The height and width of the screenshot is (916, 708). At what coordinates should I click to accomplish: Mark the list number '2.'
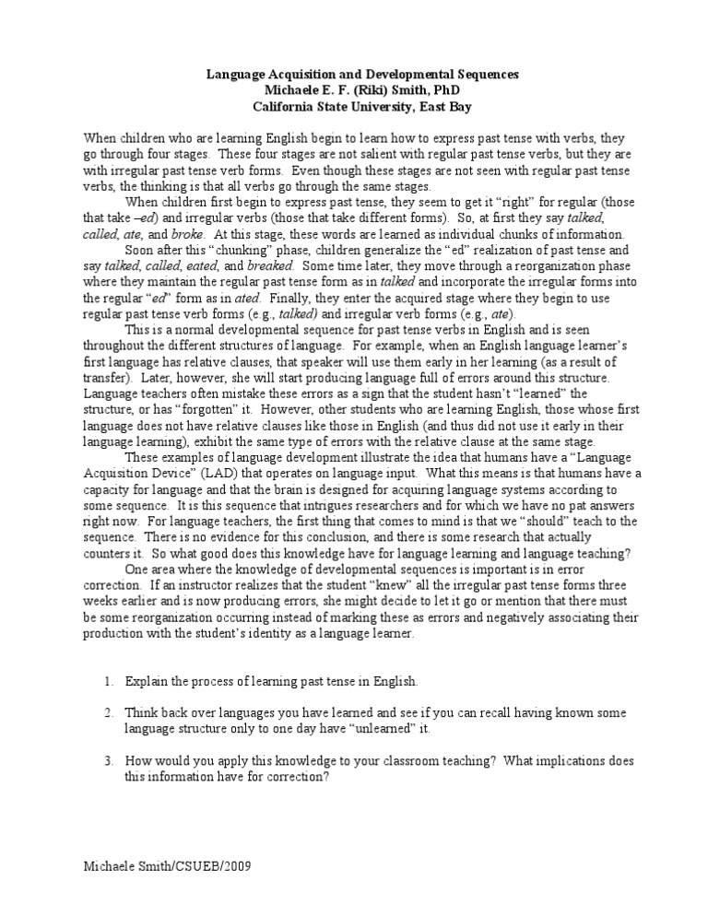(108, 713)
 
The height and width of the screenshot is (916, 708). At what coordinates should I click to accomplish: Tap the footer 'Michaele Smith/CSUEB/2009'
(167, 867)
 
